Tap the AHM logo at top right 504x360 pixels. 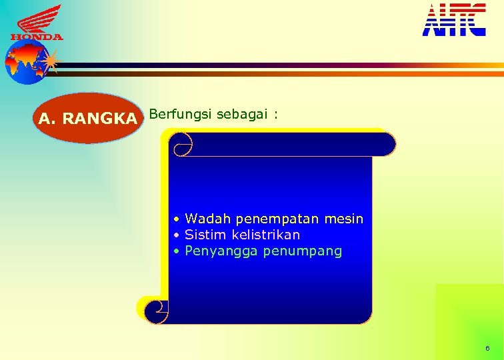coord(454,19)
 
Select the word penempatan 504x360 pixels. coord(269,219)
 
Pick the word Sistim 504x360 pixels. coord(205,235)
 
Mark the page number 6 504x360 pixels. coord(487,349)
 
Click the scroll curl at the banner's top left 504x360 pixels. coord(181,143)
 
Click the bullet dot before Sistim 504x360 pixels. coord(177,235)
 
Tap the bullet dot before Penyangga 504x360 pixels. coord(177,252)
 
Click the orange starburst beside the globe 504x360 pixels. coord(50,63)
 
